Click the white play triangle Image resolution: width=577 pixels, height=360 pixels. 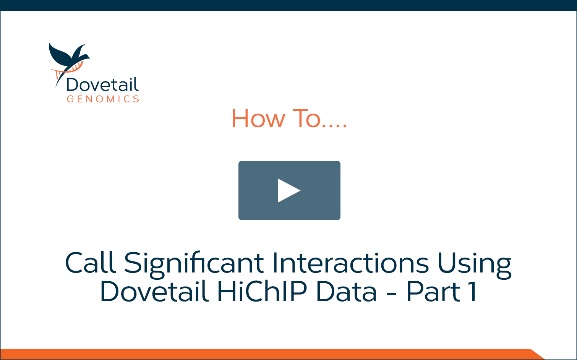click(x=287, y=190)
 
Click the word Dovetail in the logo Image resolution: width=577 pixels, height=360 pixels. click(x=102, y=84)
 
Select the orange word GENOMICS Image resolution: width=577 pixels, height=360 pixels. click(x=103, y=99)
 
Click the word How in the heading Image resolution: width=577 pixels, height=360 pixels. click(x=258, y=118)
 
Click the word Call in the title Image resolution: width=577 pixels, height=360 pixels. click(x=91, y=262)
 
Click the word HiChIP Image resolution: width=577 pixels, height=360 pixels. click(x=262, y=291)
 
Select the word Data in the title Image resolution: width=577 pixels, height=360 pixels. click(x=347, y=291)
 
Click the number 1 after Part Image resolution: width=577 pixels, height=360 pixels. click(x=473, y=291)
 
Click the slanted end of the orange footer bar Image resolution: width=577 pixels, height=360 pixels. click(x=538, y=354)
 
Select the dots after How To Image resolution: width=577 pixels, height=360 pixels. click(x=334, y=126)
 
